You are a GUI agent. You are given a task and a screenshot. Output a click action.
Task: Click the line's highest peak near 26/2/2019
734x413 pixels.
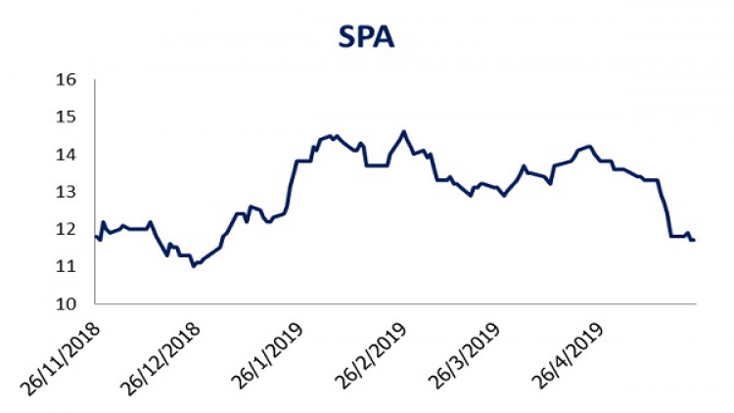(x=403, y=131)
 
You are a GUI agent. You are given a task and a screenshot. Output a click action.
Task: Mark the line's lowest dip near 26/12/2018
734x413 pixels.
(x=194, y=265)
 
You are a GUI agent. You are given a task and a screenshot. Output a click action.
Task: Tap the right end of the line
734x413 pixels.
(x=694, y=240)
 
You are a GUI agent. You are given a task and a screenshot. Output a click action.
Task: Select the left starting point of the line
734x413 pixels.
(x=95, y=236)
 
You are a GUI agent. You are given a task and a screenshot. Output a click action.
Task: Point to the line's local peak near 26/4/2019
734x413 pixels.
(x=589, y=147)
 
